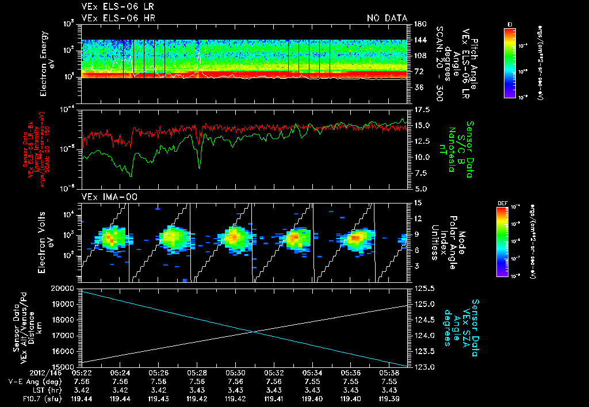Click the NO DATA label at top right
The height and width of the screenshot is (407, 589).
(x=387, y=18)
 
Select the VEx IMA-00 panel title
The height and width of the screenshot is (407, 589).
(x=105, y=197)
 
